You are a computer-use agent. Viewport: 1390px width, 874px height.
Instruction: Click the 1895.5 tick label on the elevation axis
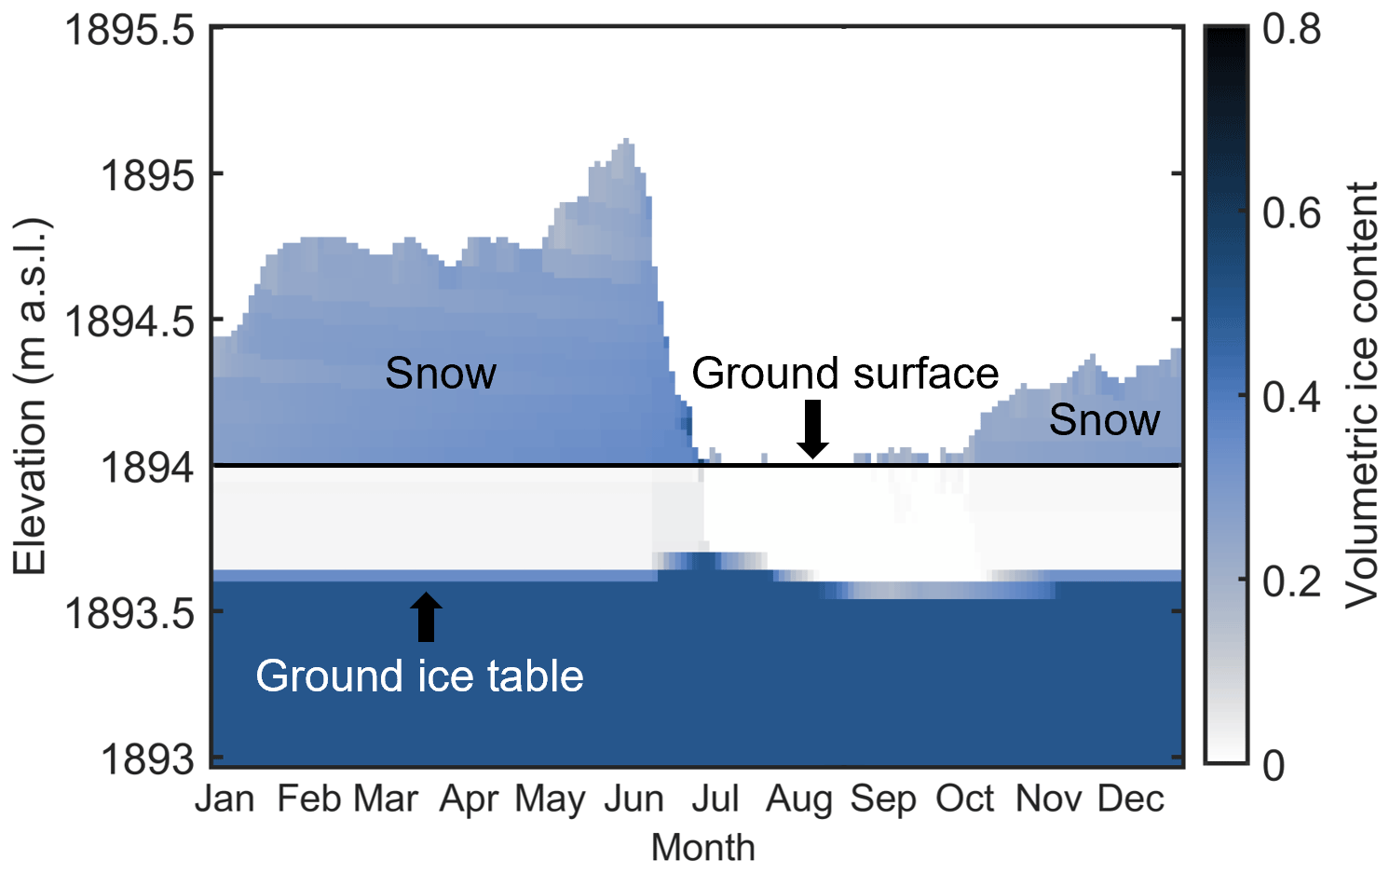coord(129,30)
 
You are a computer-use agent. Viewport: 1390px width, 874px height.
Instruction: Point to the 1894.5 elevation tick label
coord(129,321)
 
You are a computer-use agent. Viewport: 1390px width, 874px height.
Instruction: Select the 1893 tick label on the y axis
coord(148,759)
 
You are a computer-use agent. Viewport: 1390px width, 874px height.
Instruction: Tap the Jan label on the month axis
coord(225,799)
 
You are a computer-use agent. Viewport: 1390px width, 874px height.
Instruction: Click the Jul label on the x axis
coord(715,799)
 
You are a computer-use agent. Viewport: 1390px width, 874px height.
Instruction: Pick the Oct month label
coord(965,799)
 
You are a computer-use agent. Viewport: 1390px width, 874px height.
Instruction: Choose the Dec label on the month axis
coord(1131,799)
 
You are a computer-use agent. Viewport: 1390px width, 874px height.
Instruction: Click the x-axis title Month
coord(703,847)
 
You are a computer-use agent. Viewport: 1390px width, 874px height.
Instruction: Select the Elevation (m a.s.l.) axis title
coord(30,396)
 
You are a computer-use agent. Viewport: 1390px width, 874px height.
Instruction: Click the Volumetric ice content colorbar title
coord(1361,396)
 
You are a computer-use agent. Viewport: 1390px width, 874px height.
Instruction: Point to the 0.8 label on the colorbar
coord(1291,29)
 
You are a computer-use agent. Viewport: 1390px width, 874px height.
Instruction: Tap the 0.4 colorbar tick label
coord(1291,396)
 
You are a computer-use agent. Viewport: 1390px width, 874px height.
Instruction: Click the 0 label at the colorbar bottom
coord(1274,765)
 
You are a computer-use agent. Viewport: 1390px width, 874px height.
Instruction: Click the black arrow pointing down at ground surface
coord(812,430)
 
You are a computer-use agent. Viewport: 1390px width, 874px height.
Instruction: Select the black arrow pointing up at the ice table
coord(427,617)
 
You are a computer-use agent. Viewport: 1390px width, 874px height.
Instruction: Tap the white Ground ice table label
coord(419,676)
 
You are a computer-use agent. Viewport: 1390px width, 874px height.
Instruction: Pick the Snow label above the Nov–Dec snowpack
coord(1104,419)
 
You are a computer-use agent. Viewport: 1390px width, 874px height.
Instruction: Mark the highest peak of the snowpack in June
coord(626,140)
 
